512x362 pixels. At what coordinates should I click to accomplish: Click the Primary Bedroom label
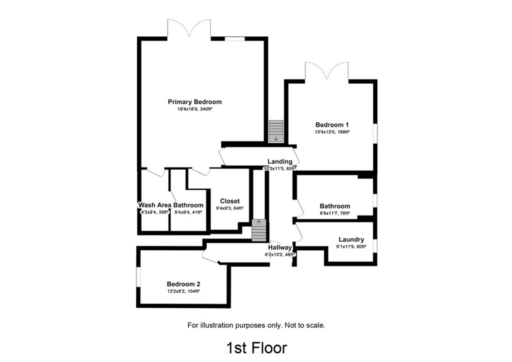[x=194, y=102]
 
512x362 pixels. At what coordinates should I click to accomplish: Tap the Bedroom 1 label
[x=332, y=125]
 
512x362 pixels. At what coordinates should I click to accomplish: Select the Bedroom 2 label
[x=183, y=283]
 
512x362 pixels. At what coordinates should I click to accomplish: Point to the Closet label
[x=229, y=201]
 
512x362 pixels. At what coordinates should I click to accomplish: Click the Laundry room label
[x=351, y=239]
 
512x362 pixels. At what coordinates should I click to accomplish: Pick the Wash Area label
[x=154, y=205]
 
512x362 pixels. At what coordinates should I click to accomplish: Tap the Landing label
[x=279, y=161]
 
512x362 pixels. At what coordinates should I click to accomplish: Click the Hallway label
[x=279, y=247]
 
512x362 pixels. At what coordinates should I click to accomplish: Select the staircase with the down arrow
[x=276, y=131]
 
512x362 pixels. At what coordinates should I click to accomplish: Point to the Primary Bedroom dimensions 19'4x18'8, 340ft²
[x=194, y=109]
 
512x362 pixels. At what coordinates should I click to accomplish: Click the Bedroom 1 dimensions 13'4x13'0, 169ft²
[x=332, y=132]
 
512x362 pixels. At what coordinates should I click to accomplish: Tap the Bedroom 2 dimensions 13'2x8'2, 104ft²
[x=183, y=290]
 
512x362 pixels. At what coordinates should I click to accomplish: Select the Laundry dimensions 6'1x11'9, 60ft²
[x=351, y=246]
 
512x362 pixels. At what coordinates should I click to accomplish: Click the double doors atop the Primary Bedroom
[x=189, y=29]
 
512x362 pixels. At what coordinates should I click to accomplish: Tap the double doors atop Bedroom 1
[x=326, y=71]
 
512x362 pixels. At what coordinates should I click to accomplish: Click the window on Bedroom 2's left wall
[x=138, y=277]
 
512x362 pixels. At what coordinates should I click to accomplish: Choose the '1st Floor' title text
[x=256, y=347]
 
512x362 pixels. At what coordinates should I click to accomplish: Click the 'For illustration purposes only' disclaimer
[x=256, y=325]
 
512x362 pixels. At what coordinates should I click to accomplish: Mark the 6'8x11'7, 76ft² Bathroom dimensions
[x=334, y=213]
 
